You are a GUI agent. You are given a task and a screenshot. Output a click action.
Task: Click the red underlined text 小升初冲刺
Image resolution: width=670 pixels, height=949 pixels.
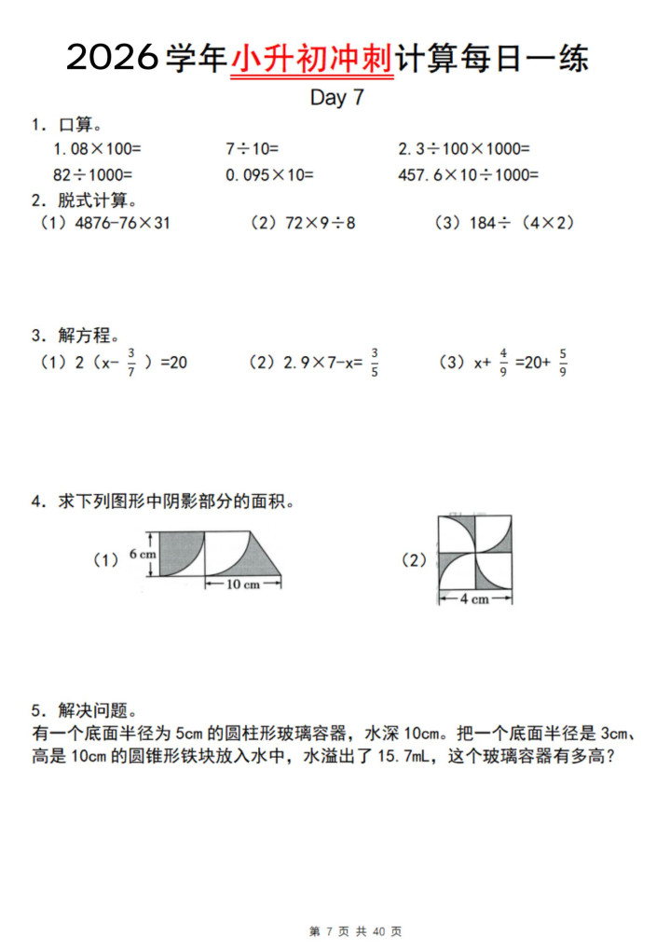312,59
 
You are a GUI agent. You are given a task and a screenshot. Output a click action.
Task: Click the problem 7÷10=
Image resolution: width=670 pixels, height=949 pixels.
252,148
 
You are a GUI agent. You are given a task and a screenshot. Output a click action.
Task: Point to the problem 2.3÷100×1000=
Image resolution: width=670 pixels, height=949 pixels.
463,148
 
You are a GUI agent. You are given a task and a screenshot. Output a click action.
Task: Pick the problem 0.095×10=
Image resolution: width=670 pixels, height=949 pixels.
269,174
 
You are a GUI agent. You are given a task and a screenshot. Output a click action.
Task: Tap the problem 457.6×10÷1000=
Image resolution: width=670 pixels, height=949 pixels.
468,174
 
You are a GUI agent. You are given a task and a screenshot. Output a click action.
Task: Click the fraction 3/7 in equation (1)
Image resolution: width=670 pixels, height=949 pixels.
131,362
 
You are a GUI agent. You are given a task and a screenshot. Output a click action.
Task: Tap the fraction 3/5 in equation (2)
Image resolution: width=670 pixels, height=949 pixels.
374,362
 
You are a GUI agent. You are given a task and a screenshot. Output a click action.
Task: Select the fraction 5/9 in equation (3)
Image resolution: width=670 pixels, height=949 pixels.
564,362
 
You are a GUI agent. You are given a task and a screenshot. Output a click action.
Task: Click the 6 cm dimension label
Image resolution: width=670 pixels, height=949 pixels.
143,554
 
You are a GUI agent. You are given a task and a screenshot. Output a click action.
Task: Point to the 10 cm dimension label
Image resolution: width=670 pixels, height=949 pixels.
242,584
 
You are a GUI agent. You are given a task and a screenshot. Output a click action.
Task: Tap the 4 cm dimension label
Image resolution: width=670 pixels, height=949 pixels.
475,599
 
